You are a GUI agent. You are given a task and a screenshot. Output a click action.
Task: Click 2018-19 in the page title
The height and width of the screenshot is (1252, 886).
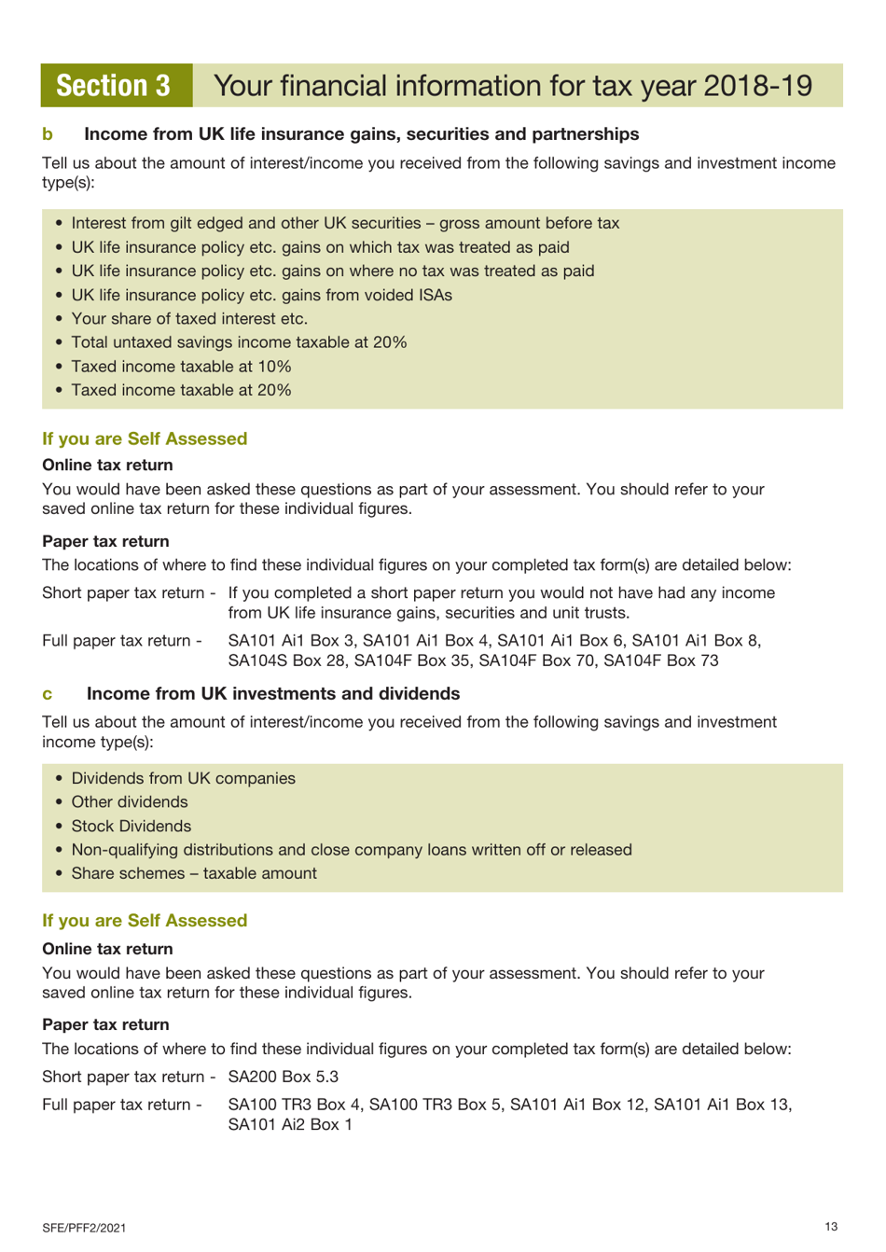click(757, 86)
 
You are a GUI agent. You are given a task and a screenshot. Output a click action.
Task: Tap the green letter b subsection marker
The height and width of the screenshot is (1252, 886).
click(48, 134)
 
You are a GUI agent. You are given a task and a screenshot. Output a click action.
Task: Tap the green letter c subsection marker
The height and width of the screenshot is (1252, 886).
click(48, 694)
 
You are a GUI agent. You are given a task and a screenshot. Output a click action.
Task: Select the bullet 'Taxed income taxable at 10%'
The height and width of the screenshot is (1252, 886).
click(181, 367)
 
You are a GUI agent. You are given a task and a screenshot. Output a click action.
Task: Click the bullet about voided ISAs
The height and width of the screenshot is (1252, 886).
click(261, 295)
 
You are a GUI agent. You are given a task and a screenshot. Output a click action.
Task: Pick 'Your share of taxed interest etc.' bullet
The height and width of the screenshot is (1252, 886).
click(189, 318)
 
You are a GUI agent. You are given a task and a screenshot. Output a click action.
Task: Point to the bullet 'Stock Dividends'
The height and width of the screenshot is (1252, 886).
click(131, 827)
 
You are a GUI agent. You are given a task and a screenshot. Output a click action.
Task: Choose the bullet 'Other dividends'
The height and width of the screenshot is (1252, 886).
click(130, 802)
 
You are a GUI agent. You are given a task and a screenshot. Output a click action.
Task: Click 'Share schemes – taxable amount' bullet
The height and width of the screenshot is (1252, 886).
click(194, 874)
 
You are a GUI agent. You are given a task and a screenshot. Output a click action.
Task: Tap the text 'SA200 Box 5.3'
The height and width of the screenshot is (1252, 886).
click(284, 1077)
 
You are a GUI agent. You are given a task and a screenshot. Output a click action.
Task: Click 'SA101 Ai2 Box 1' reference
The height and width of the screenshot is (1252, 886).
click(290, 1125)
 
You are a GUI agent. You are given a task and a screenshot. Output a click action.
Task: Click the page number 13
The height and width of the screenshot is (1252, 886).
click(831, 1227)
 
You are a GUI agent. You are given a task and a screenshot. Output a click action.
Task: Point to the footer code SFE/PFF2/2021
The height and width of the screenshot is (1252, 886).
click(84, 1228)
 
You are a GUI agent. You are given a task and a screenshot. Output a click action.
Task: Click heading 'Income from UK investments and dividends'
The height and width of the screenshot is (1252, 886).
click(273, 694)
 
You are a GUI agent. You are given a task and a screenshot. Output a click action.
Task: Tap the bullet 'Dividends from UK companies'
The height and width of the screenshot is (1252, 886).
click(183, 779)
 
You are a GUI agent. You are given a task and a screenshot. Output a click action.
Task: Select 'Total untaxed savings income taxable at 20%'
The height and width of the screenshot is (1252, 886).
click(239, 342)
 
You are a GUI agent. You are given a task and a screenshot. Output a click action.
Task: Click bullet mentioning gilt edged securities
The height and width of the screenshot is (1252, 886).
click(345, 223)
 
